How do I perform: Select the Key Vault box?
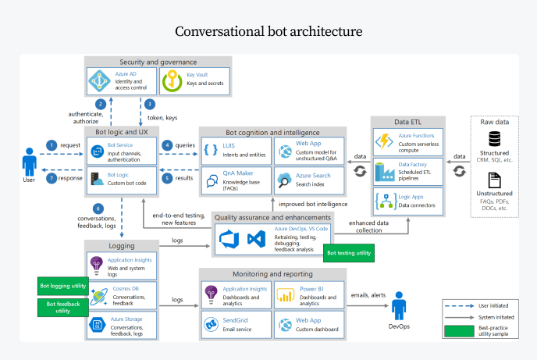pyautogui.click(x=192, y=81)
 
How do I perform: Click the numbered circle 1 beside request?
pyautogui.click(x=52, y=144)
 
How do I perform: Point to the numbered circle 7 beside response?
pyautogui.click(x=52, y=178)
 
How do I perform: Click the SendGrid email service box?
pyautogui.click(x=235, y=323)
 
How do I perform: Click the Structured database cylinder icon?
pyautogui.click(x=494, y=139)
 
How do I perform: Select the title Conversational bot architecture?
pyautogui.click(x=268, y=31)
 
